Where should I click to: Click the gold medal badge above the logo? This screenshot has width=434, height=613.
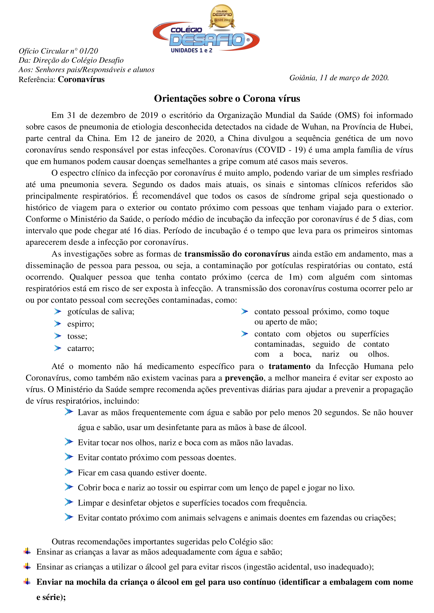coord(222,16)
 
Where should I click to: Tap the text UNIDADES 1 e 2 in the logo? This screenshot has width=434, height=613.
coord(191,51)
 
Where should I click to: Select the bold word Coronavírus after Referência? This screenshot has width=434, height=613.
coord(81,79)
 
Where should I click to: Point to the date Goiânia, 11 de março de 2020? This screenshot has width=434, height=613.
coord(339,78)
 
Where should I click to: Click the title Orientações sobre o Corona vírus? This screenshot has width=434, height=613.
coord(227,99)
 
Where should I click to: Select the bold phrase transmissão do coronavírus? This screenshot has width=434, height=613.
coord(237,254)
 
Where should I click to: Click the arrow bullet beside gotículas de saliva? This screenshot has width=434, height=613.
coord(57,312)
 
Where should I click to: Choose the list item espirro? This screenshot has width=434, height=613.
coord(81,324)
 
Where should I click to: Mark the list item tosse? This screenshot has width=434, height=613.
coord(77,336)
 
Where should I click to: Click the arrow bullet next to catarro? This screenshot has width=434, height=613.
coord(57,348)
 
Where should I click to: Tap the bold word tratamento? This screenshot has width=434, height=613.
coord(289,366)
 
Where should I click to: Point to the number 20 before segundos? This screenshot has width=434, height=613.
coord(317,413)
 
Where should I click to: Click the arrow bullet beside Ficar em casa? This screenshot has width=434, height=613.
coord(69,472)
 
